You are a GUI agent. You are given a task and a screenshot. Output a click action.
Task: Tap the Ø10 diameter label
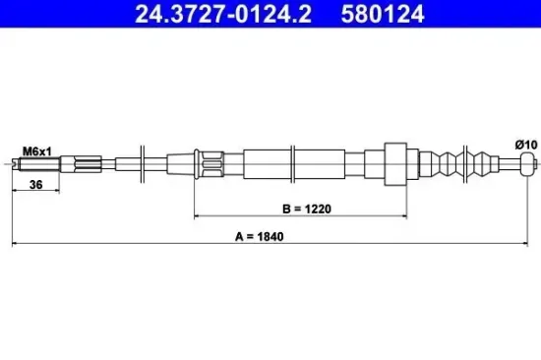(x=526, y=146)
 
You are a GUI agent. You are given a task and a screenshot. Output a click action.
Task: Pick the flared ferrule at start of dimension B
(x=202, y=160)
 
